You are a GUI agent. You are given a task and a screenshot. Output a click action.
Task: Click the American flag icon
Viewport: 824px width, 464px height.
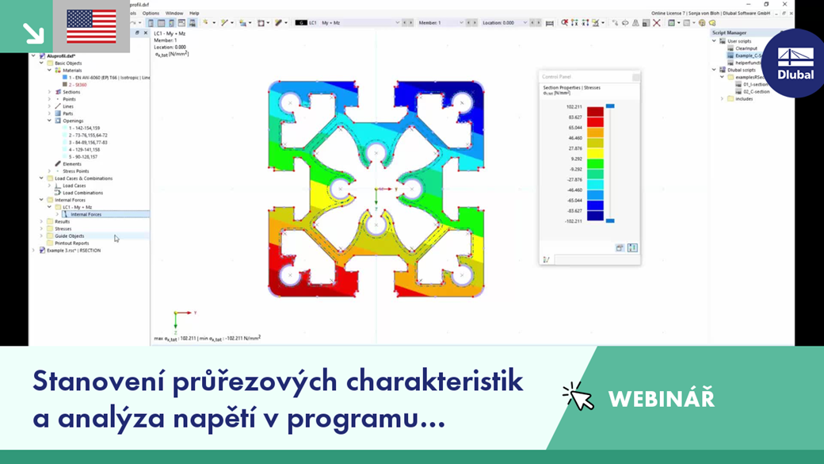tap(91, 26)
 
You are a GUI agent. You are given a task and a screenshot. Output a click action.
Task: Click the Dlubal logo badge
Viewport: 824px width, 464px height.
tap(795, 63)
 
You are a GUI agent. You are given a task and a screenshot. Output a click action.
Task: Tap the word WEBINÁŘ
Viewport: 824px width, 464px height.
tap(661, 398)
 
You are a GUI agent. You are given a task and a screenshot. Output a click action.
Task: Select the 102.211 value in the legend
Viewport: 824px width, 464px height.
tap(574, 106)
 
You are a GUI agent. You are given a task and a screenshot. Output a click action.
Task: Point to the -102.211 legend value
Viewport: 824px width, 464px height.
tap(573, 221)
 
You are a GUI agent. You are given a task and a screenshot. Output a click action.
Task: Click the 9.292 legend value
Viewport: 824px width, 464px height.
tap(575, 159)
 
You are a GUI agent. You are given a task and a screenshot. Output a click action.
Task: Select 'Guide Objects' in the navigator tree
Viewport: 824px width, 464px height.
tap(69, 236)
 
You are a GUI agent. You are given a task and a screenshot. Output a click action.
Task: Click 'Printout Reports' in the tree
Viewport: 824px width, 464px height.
tap(71, 244)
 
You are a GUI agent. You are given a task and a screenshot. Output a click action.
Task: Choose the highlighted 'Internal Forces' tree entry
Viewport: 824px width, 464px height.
tap(86, 214)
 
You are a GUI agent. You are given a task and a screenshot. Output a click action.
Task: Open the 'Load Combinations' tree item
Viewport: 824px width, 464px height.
tap(82, 193)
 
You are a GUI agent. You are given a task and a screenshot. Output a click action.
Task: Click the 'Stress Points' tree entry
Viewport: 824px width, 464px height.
tap(75, 171)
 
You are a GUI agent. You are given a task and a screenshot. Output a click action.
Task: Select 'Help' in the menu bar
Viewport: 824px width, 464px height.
tap(194, 13)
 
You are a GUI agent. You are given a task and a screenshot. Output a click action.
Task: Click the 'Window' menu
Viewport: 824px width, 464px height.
tap(174, 13)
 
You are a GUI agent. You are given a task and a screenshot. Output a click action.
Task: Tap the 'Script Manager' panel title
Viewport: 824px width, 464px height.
tap(729, 33)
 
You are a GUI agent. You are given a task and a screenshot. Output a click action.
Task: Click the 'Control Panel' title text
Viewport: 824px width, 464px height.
tap(556, 77)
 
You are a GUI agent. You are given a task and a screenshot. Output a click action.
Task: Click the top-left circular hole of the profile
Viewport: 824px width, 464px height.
tap(291, 102)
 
